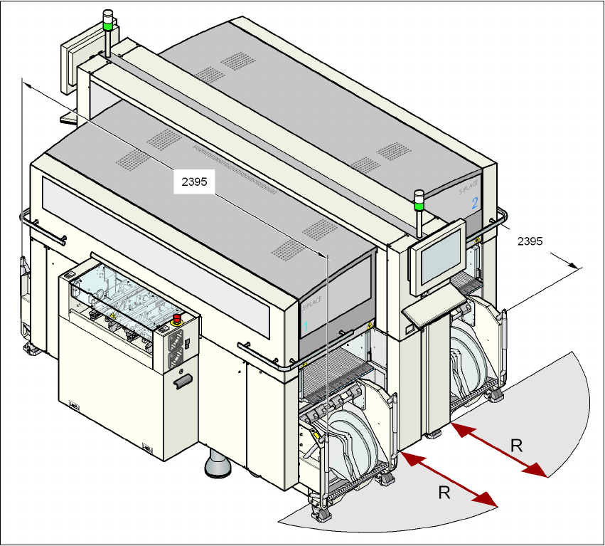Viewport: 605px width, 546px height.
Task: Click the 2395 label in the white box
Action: click(194, 182)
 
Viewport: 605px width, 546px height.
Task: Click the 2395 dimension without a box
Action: click(530, 241)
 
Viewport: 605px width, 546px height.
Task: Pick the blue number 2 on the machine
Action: click(474, 203)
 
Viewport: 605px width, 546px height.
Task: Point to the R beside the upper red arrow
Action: click(517, 446)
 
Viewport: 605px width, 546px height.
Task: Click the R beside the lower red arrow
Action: click(443, 492)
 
